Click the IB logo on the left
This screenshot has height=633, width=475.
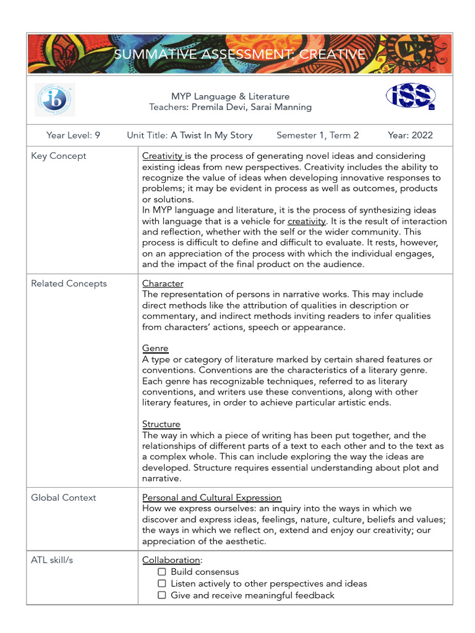coord(54,100)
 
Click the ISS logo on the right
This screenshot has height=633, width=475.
coord(411,96)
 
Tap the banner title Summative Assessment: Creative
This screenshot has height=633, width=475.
coord(239,55)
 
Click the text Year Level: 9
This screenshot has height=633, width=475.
coord(73,135)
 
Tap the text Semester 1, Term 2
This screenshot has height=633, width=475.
coord(317,135)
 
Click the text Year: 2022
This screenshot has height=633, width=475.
coord(410,135)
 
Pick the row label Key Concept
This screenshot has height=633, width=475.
coord(59,156)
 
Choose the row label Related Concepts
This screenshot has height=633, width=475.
coord(69,283)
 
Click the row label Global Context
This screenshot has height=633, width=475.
coord(64,498)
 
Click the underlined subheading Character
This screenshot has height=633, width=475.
coord(163,283)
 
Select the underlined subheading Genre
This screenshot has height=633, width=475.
coord(155,348)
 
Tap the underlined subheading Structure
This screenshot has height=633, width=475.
coord(161,424)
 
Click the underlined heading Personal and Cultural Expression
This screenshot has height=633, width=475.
coord(212,498)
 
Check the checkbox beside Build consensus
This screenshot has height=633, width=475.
coord(161,572)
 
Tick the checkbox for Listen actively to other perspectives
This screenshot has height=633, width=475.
coord(161,584)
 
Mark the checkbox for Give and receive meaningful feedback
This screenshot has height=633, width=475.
coord(161,595)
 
